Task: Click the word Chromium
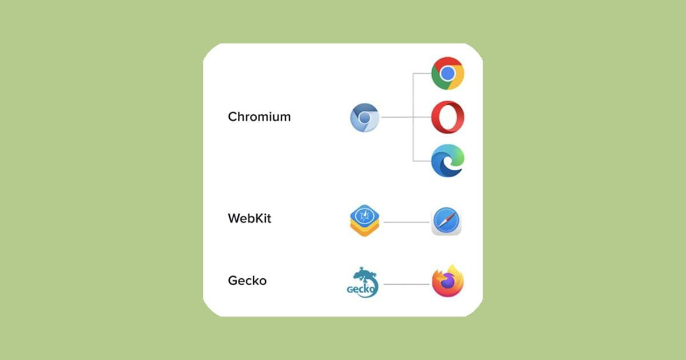click(x=259, y=117)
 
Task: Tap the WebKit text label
click(x=249, y=218)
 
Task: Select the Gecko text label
click(x=247, y=281)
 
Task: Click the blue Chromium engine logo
click(x=364, y=118)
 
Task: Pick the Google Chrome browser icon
click(x=447, y=73)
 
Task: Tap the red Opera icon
click(x=447, y=117)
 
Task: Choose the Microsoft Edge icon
click(x=447, y=161)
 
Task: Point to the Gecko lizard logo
click(x=364, y=283)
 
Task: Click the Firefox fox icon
click(x=447, y=282)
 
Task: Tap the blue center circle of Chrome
click(x=447, y=73)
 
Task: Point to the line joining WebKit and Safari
click(x=405, y=222)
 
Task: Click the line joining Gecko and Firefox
click(x=405, y=284)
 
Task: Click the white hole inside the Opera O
click(x=447, y=117)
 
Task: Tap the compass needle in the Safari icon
click(x=446, y=221)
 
